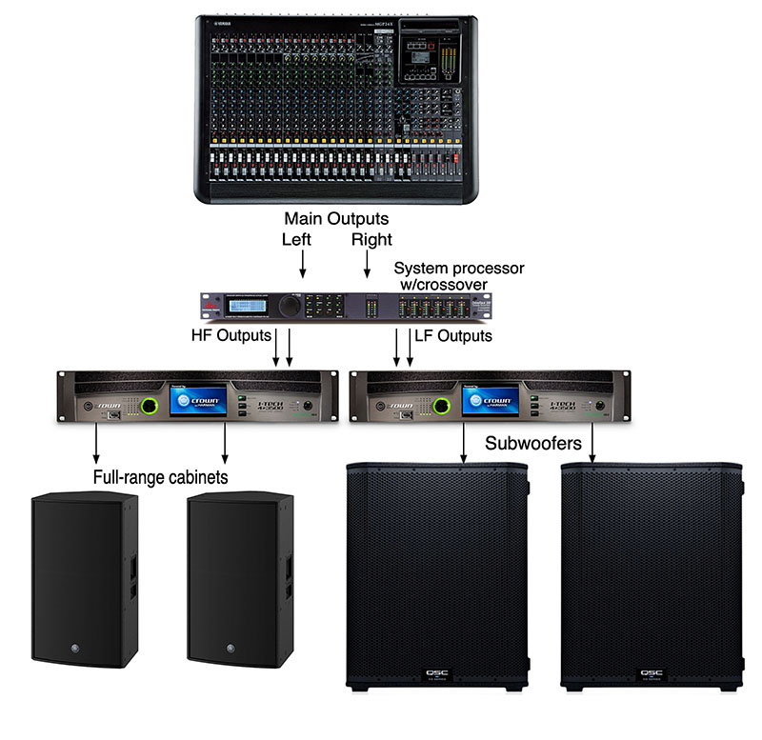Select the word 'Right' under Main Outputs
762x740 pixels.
tap(371, 240)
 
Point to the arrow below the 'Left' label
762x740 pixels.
tap(303, 262)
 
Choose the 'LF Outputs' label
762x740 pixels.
tap(453, 335)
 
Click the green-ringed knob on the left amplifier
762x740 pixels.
tap(150, 407)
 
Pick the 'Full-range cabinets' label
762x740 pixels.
tap(160, 477)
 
